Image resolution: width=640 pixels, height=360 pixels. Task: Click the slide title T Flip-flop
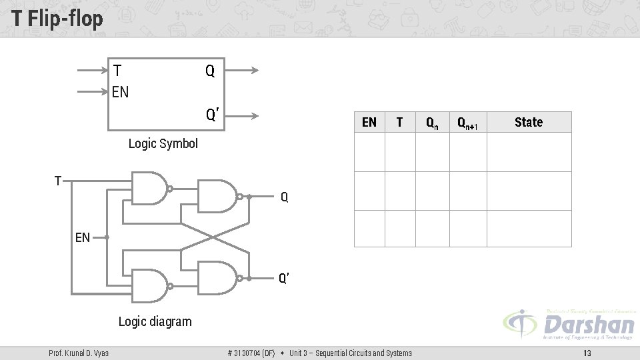(57, 19)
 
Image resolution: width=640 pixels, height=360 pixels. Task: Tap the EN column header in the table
(369, 122)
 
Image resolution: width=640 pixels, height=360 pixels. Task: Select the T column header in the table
(399, 122)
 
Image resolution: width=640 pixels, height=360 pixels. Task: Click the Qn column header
(432, 123)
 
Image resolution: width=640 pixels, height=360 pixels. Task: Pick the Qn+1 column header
(467, 123)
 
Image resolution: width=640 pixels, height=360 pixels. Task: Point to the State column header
(529, 122)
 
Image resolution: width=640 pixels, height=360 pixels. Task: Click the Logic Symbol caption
(163, 143)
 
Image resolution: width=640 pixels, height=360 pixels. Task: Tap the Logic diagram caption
(155, 321)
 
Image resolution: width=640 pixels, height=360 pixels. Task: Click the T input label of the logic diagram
(59, 180)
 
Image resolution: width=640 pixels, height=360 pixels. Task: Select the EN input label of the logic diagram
(83, 237)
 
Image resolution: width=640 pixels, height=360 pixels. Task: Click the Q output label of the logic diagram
(285, 197)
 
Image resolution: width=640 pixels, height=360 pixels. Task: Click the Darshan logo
(570, 325)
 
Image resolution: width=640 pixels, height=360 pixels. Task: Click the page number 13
(587, 353)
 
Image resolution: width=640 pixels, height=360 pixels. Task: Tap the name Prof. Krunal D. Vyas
(79, 353)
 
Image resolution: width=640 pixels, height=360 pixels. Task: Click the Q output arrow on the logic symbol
(241, 70)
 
